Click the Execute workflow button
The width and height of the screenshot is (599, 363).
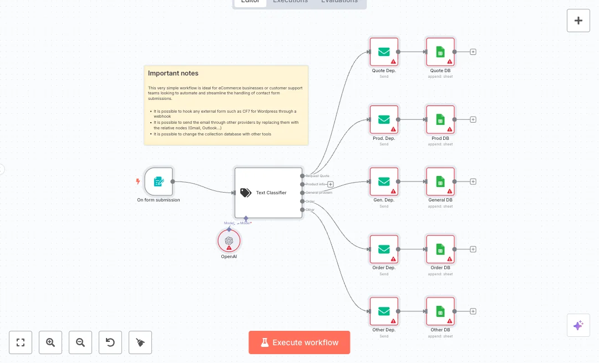(x=299, y=342)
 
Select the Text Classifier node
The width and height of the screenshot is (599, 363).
(x=268, y=193)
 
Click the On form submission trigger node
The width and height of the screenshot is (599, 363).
(x=159, y=181)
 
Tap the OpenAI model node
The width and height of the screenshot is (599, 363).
(x=229, y=240)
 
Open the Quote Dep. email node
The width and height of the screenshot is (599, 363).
(x=384, y=52)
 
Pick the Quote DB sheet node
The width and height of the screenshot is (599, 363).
(x=440, y=52)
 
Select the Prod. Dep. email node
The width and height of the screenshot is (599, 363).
(x=384, y=119)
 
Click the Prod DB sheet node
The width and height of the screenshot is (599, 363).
(x=440, y=119)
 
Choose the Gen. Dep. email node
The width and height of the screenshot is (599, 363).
(x=384, y=181)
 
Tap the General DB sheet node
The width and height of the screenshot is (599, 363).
(x=440, y=181)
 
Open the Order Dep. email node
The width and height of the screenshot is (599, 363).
(x=384, y=249)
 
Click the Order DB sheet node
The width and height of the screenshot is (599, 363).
(x=440, y=249)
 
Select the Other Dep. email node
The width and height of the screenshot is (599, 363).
(x=384, y=311)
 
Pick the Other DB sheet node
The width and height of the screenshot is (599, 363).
(x=440, y=311)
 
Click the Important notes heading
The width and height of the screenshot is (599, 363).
(x=173, y=73)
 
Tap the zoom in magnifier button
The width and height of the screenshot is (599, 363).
(x=50, y=342)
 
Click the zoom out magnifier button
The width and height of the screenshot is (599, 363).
(x=80, y=342)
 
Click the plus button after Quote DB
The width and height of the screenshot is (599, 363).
(x=473, y=52)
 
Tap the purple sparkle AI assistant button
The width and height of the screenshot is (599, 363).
(x=578, y=325)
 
